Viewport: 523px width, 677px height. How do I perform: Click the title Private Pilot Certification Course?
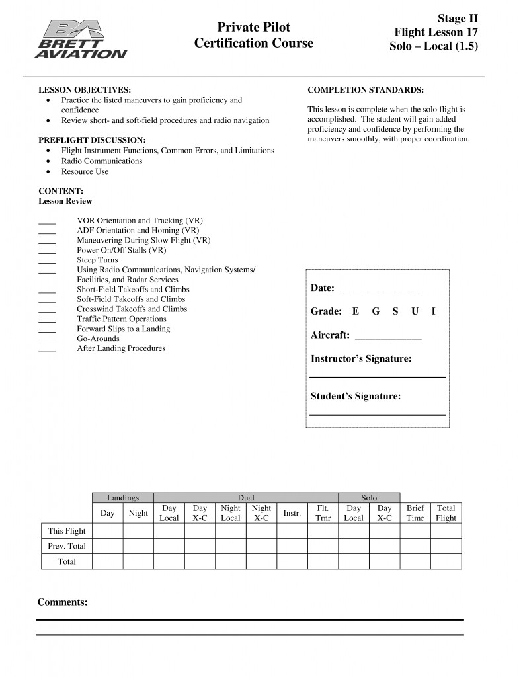pos(254,35)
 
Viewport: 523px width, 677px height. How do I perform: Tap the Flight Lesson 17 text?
pos(436,32)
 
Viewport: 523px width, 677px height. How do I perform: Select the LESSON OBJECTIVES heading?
pos(85,89)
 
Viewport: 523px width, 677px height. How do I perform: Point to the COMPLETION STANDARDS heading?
pos(366,89)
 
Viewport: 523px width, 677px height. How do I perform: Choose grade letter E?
pos(356,311)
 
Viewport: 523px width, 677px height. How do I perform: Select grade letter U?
pos(415,311)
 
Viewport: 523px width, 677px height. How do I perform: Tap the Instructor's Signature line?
pos(378,377)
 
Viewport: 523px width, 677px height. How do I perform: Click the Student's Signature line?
pos(378,415)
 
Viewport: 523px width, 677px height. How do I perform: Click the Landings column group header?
pos(123,498)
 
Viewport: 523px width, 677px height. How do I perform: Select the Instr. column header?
pos(292,513)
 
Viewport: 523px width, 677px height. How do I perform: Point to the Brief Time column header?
pos(415,513)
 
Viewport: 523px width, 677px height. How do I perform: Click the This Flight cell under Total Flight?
pos(446,531)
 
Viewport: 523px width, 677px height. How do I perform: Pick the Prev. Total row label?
pos(67,546)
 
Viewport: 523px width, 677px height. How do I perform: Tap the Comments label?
pos(62,602)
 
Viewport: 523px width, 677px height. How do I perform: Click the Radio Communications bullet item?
pos(94,161)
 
